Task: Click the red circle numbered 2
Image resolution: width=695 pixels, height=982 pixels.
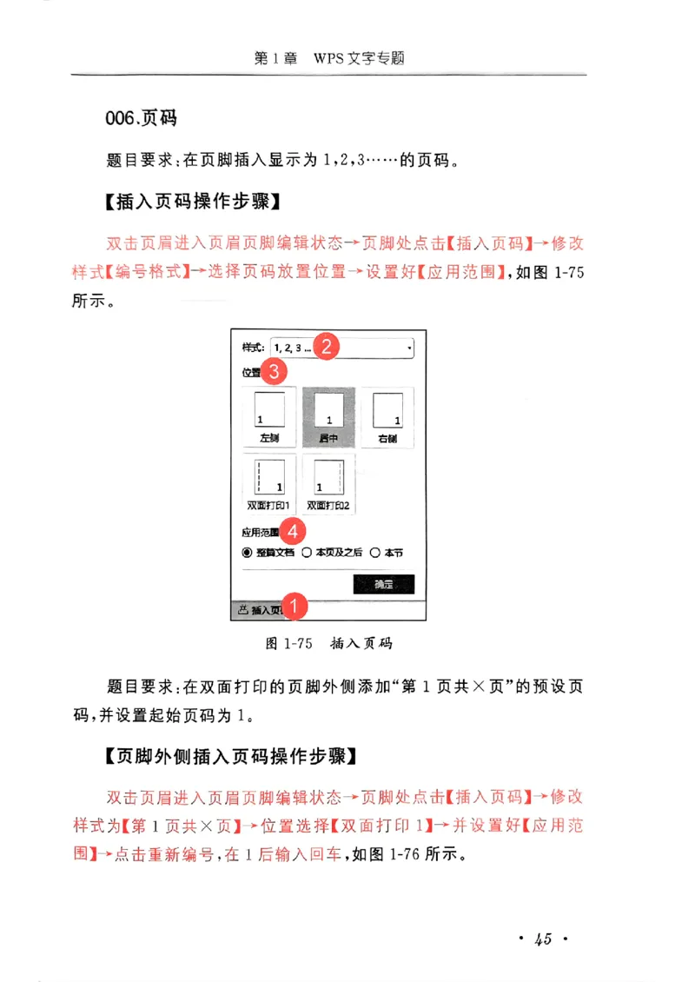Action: [x=326, y=347]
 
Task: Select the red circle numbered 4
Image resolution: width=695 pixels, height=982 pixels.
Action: [x=294, y=529]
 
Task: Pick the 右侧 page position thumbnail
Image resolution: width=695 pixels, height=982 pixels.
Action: [x=387, y=417]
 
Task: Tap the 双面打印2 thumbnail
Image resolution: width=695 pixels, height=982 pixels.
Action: [x=328, y=483]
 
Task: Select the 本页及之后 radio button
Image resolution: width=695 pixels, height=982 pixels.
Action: [x=307, y=552]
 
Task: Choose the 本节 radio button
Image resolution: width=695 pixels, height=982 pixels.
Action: [x=375, y=552]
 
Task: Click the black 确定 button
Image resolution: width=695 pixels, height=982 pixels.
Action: [x=383, y=584]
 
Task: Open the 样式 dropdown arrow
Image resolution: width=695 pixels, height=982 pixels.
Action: [x=408, y=348]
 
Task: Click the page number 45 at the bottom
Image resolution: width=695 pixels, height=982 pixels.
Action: [x=544, y=939]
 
